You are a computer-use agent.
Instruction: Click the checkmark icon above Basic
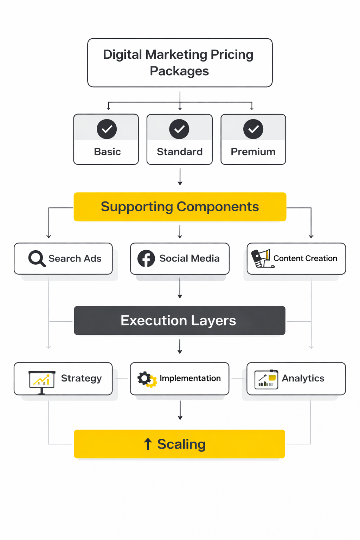point(107,129)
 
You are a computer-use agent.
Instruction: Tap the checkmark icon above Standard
point(179,129)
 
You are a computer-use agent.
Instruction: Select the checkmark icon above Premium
point(253,129)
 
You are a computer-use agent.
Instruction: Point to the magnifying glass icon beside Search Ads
point(37,259)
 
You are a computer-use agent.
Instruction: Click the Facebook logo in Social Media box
point(146,259)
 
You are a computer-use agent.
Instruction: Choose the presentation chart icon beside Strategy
point(42,380)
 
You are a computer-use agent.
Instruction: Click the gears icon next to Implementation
point(147,379)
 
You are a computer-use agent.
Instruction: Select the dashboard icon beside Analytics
point(266,379)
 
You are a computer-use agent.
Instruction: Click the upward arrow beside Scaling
point(148,444)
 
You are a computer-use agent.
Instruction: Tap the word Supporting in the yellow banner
point(137,207)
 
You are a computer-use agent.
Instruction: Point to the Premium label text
point(253,152)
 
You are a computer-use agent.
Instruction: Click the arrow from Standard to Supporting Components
point(180,177)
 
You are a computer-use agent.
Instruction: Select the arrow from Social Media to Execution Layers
point(180,288)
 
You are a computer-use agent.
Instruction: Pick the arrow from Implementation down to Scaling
point(180,410)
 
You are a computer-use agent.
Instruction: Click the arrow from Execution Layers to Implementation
point(180,347)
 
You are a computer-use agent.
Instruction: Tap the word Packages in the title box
point(179,71)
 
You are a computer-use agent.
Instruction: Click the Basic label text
point(107,152)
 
